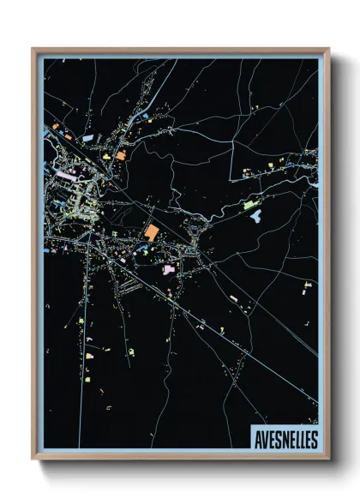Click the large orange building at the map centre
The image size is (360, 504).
click(152, 232)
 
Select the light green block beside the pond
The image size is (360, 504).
click(249, 205)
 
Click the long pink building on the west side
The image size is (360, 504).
click(66, 176)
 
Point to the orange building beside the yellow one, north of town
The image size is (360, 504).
click(121, 156)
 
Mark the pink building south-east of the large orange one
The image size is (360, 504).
click(169, 269)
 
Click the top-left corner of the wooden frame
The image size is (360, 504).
click(33, 49)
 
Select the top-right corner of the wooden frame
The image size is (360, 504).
click(328, 49)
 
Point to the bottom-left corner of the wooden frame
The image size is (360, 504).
click(33, 458)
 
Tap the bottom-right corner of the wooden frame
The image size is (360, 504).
click(328, 458)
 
